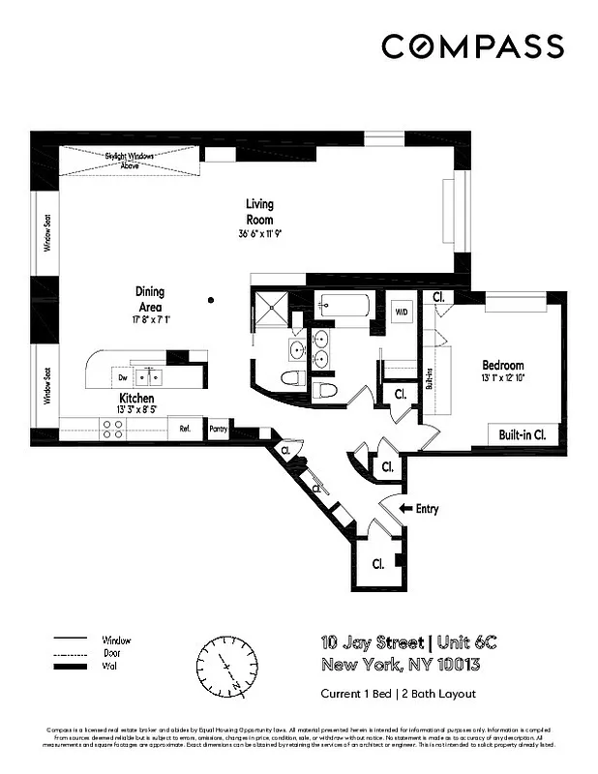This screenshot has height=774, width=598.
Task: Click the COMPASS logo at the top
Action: coord(472,45)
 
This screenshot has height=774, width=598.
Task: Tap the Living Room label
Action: coord(259,212)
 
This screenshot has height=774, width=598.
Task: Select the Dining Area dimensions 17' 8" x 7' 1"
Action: coord(150,319)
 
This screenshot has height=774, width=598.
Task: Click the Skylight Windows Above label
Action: coord(130,160)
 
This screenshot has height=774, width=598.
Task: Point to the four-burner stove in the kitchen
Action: coord(112,429)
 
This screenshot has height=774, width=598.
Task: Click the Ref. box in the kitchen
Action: coord(184,429)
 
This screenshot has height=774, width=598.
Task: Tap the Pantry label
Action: coord(218,429)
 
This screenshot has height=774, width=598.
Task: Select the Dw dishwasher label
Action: coord(124,376)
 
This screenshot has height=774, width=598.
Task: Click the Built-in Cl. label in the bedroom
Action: coord(523,434)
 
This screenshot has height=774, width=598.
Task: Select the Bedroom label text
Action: coord(502,366)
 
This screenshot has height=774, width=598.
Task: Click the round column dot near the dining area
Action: coord(211,301)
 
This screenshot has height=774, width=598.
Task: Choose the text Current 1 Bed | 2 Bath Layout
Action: coord(398,694)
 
